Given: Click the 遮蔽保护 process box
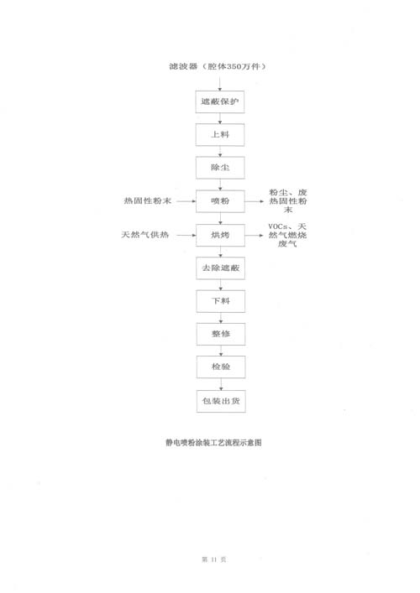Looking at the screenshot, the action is click(219, 101).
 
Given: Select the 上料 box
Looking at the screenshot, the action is click(220, 135).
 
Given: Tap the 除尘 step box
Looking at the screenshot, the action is click(220, 168).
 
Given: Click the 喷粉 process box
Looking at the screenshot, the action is click(220, 201).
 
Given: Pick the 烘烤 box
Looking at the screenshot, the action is click(220, 235).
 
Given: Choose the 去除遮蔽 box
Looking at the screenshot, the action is click(220, 268).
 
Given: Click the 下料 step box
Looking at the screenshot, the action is click(221, 301).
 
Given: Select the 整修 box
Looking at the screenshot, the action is click(221, 334).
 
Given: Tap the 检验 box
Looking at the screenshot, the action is click(221, 367).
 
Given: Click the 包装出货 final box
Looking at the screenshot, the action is click(221, 401).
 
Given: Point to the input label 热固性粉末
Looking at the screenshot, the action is click(148, 200).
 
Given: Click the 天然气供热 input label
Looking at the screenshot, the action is click(145, 235).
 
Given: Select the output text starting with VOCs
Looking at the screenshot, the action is click(287, 235).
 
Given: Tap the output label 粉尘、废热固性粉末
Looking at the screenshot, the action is click(288, 201).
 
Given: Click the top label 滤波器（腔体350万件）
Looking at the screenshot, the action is click(218, 66).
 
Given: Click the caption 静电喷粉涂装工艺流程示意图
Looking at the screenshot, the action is click(213, 443).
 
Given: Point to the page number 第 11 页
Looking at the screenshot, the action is click(214, 559).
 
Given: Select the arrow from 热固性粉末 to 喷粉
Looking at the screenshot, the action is click(186, 201).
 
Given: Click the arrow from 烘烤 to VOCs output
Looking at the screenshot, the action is click(255, 235).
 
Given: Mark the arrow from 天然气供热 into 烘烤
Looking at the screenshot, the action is click(186, 235).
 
